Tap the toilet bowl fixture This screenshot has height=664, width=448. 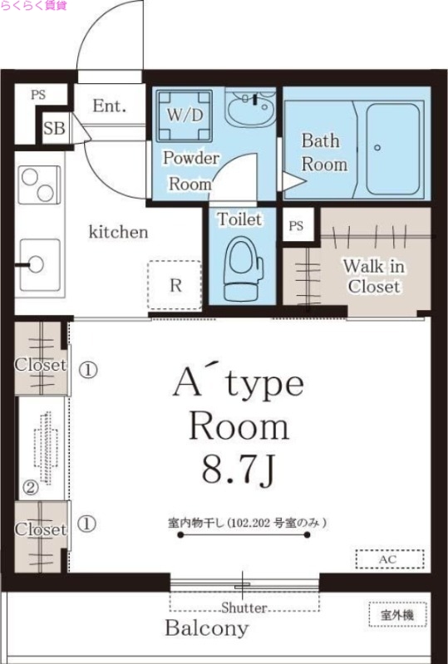[244, 264]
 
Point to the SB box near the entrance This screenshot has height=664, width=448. [54, 129]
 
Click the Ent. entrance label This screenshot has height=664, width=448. [109, 106]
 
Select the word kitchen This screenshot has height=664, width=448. [118, 232]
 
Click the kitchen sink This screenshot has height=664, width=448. [38, 265]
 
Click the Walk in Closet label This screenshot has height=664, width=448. [373, 277]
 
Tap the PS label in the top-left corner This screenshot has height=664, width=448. [38, 95]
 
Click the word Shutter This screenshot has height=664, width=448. [244, 607]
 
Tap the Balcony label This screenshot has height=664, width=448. [206, 628]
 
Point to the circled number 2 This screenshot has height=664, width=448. [30, 489]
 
